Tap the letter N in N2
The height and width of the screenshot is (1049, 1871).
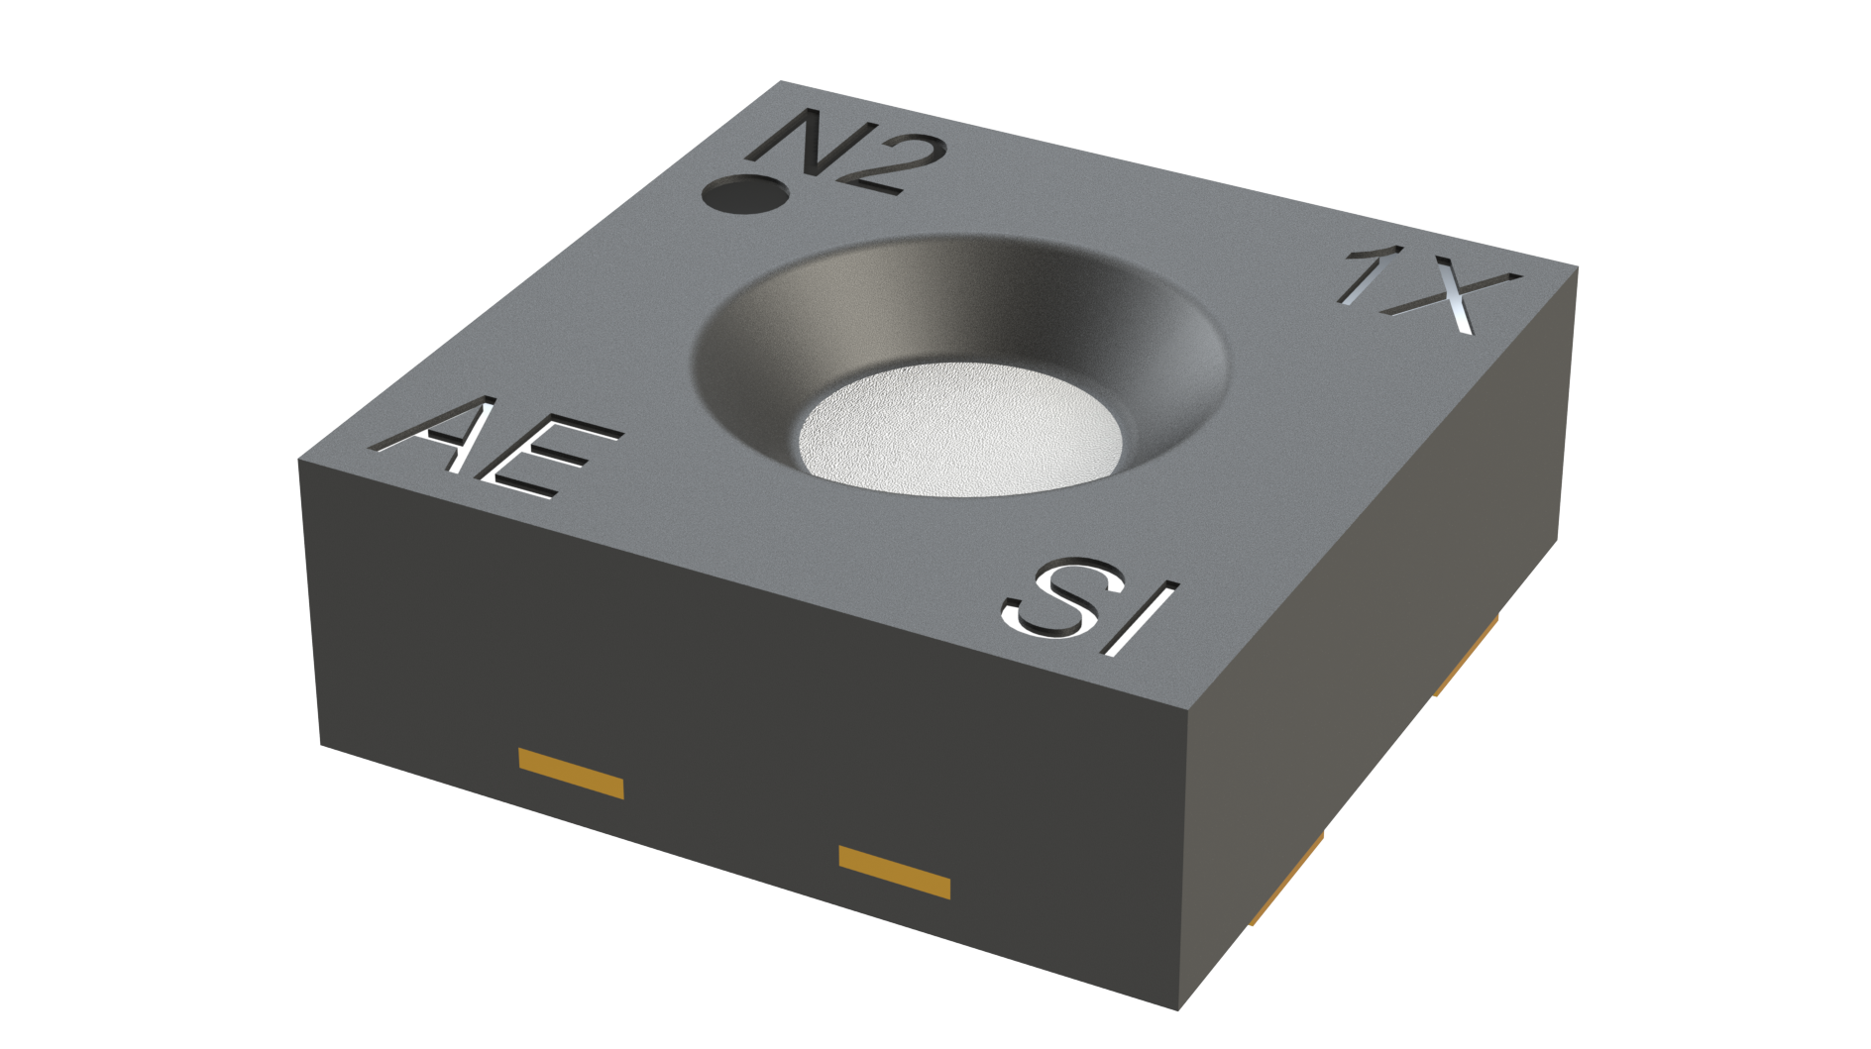(x=801, y=145)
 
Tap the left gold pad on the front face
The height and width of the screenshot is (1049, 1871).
(x=571, y=774)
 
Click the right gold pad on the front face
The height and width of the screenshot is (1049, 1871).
(x=894, y=872)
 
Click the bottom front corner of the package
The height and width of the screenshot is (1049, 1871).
(x=1178, y=1009)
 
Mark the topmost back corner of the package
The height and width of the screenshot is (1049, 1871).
(x=782, y=81)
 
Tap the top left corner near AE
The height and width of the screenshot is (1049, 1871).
(x=299, y=461)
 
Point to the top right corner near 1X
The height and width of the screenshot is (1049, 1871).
(x=1577, y=266)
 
